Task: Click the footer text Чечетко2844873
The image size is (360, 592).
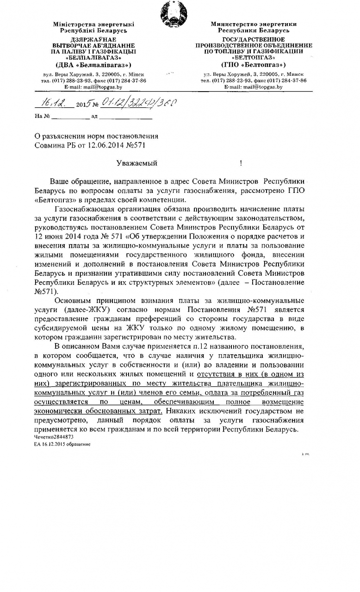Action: (54, 437)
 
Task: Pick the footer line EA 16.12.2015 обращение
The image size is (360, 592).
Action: (62, 444)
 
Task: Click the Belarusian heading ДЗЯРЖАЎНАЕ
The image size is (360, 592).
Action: (93, 40)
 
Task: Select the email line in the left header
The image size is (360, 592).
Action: (93, 87)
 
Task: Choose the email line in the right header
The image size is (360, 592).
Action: (254, 87)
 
